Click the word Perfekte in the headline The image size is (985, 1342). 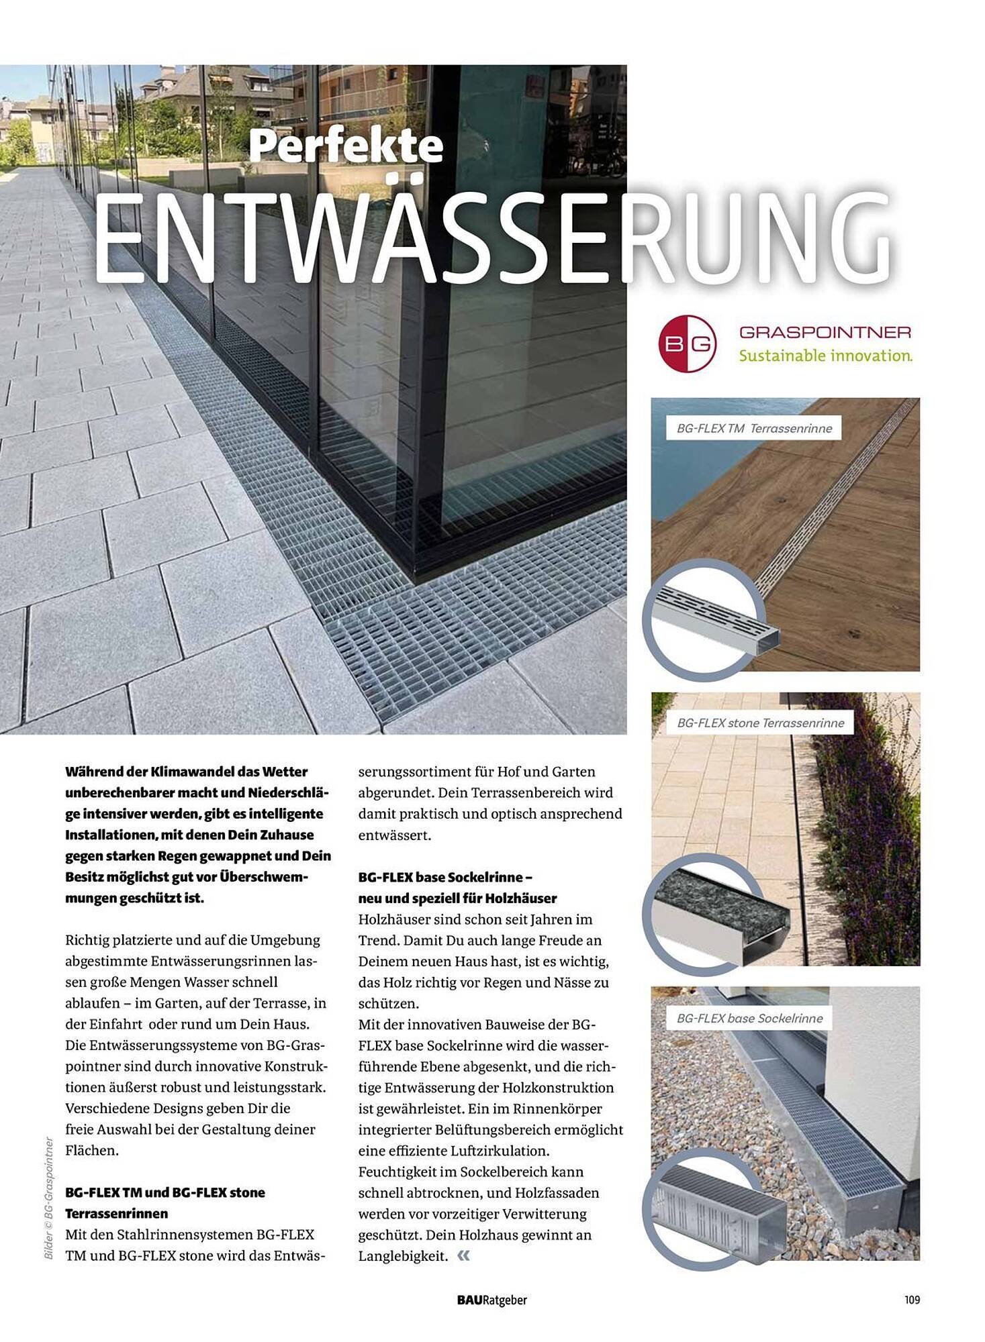point(346,146)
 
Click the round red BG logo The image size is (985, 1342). point(687,344)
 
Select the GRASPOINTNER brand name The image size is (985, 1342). point(825,332)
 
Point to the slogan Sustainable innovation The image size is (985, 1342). point(825,356)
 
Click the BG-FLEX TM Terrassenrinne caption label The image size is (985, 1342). point(753,428)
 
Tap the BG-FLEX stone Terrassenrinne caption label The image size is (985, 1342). point(760,723)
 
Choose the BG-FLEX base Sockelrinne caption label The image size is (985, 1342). point(749,1018)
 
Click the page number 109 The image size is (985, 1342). point(911,1300)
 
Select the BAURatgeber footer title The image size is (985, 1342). point(491,1300)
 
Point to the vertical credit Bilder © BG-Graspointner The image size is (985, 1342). point(48,1197)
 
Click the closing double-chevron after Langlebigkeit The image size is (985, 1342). point(463,1255)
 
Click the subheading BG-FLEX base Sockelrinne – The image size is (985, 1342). point(445,877)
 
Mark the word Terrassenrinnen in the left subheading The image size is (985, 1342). point(116,1213)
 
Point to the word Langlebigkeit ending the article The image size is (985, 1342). point(402,1256)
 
